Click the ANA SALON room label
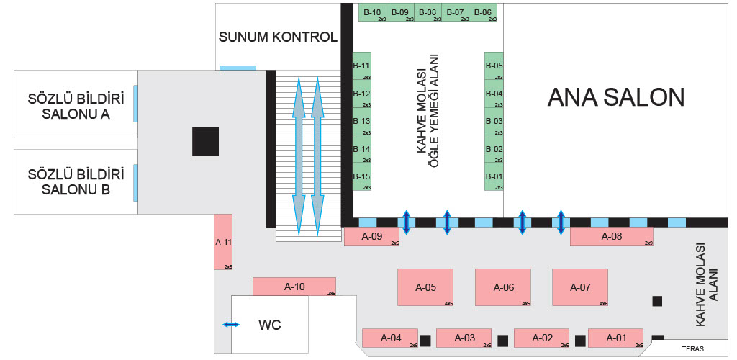(x=616, y=97)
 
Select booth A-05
(x=425, y=287)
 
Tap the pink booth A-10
(x=294, y=287)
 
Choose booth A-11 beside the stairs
(x=223, y=242)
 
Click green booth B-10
(x=372, y=12)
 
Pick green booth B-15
(x=362, y=176)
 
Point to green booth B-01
(x=494, y=176)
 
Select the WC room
(x=270, y=324)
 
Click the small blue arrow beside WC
(x=231, y=324)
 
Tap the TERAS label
(x=693, y=349)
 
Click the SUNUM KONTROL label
(x=278, y=37)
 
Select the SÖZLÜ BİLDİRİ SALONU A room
(x=76, y=104)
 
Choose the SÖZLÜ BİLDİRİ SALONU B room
(x=76, y=182)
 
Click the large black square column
(x=205, y=141)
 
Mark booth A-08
(x=612, y=236)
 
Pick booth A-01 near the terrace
(x=616, y=338)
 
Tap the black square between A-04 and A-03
(x=425, y=341)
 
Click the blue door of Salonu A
(x=135, y=104)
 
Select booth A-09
(x=372, y=236)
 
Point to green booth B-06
(x=483, y=12)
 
